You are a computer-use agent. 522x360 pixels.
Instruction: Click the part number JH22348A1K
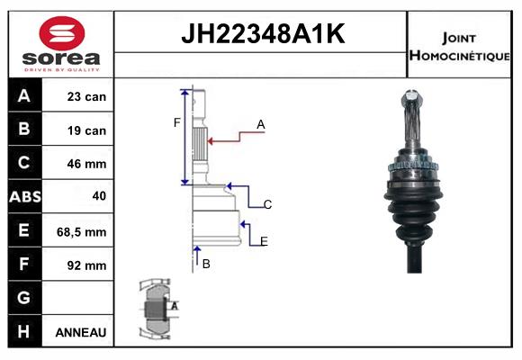pos(261,35)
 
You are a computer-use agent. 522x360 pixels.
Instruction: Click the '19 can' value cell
pos(86,130)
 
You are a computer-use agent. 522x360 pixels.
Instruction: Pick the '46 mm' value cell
pos(86,164)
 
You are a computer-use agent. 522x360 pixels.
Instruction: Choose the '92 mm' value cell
pos(86,265)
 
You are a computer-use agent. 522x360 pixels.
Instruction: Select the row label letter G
pos(25,298)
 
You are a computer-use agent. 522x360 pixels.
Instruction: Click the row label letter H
pos(25,331)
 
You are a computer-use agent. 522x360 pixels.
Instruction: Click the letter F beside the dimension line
pos(177,123)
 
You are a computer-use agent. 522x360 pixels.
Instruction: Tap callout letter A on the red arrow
pos(261,125)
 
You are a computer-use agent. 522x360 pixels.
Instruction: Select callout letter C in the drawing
pos(267,205)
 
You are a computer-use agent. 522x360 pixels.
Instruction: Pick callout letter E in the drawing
pos(264,241)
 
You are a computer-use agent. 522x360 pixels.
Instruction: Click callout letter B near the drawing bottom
pos(206,264)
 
